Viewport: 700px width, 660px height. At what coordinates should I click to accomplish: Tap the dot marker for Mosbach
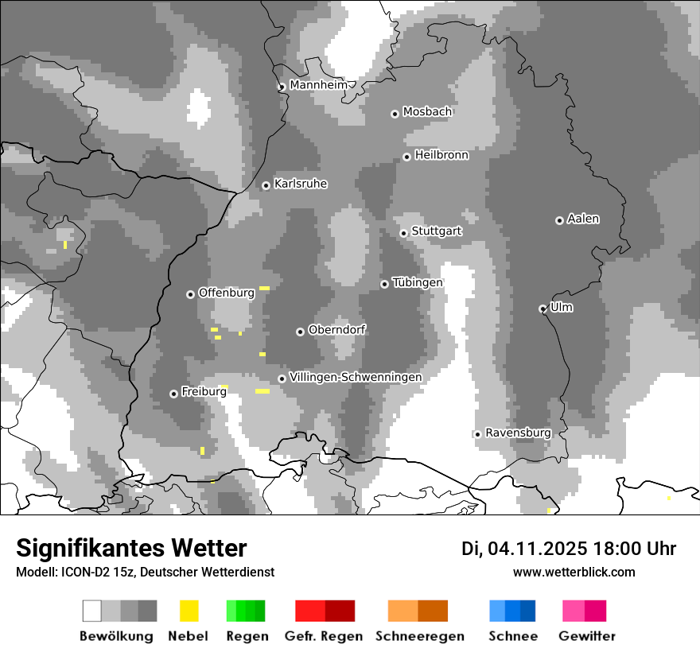point(395,114)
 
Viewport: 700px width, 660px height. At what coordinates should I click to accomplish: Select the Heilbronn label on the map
point(441,155)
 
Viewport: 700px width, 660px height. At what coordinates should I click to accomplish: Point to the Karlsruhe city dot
point(266,186)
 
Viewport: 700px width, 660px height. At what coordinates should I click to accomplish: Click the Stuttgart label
point(437,231)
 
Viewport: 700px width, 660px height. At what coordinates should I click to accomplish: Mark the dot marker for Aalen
point(559,220)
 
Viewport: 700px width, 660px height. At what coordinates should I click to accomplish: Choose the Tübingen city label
point(417,282)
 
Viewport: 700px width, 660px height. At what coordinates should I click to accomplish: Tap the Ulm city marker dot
point(542,309)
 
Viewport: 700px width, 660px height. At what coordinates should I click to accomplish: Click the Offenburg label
point(226,293)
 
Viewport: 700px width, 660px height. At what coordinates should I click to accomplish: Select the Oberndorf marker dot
point(300,332)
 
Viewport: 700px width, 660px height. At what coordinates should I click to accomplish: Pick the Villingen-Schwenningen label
point(356,377)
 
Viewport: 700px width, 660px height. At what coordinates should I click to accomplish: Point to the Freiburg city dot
point(173,394)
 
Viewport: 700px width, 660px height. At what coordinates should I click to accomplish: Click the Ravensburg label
point(518,433)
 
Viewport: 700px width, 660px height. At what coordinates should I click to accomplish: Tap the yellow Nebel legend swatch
point(189,611)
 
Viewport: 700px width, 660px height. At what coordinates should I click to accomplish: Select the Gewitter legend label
point(587,636)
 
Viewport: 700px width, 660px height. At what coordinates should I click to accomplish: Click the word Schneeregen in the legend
point(420,636)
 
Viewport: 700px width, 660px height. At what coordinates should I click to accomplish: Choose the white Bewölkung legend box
point(92,611)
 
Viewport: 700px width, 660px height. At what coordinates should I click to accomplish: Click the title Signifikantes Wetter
point(131,549)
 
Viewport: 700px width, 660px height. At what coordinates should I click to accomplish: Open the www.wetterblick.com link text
point(574,573)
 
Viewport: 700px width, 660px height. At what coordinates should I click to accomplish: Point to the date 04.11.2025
point(537,549)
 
